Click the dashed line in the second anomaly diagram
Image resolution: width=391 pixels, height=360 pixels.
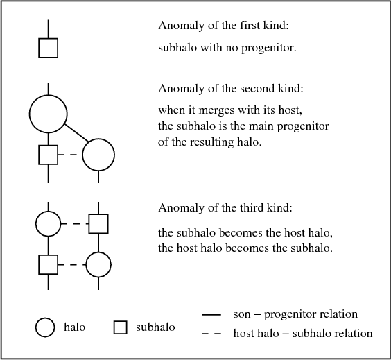pyautogui.click(x=70, y=155)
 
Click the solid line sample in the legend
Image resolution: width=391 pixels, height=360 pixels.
pyautogui.click(x=211, y=315)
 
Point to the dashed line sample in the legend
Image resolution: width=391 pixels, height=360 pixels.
pyautogui.click(x=211, y=334)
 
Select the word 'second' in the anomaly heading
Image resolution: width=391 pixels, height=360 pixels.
pyautogui.click(x=254, y=88)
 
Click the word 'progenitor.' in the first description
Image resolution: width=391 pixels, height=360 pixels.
pyautogui.click(x=269, y=48)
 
